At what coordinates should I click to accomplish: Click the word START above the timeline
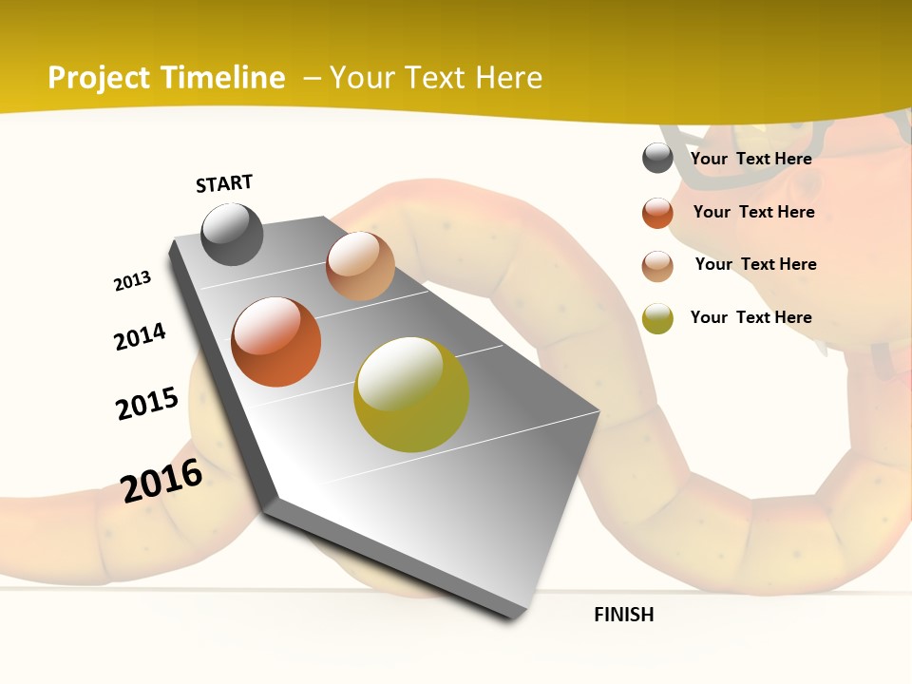tap(224, 183)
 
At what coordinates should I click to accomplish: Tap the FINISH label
tap(624, 615)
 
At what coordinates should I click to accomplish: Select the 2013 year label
tap(132, 281)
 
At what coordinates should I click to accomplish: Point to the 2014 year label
tap(140, 336)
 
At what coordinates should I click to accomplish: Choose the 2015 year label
tap(147, 404)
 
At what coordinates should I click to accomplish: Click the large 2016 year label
tap(161, 480)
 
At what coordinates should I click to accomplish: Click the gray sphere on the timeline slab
tap(232, 234)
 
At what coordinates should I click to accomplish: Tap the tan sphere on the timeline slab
tap(360, 266)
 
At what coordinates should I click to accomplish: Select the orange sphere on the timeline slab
tap(276, 342)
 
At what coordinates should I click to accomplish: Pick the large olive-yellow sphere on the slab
tap(411, 394)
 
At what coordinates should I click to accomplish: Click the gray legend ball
tap(657, 159)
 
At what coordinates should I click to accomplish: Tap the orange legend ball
tap(657, 213)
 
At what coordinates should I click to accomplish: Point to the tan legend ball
tap(657, 266)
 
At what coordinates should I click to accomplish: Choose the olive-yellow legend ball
tap(657, 318)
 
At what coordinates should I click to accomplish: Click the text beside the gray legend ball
tap(750, 159)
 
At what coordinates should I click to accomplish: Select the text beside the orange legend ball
tap(753, 212)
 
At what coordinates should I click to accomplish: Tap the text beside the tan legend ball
tap(755, 264)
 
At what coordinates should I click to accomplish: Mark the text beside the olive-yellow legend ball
tap(750, 317)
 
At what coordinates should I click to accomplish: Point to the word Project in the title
tap(100, 78)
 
